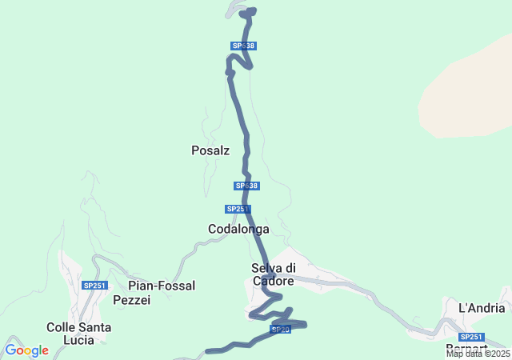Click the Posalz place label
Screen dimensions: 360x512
[x=210, y=150]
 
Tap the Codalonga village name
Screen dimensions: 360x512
[x=238, y=229]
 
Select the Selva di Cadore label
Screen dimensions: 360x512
[x=273, y=274]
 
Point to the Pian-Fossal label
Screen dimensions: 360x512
[x=162, y=286]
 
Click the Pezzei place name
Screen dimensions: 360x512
[x=132, y=300]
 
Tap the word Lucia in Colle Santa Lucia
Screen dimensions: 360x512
[x=78, y=339]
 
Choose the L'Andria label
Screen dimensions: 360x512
[x=482, y=308]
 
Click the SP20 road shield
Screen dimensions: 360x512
[x=280, y=330]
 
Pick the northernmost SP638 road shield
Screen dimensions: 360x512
[x=243, y=46]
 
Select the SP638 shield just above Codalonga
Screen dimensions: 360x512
[x=247, y=186]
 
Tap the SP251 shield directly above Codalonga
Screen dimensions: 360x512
[x=238, y=209]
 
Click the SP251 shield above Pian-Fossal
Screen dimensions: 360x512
[x=94, y=285]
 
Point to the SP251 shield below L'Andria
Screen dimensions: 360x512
[x=472, y=337]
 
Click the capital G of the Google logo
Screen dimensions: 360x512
[x=10, y=350]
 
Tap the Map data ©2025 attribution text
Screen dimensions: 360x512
[x=478, y=354]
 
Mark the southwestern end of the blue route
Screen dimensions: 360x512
[x=208, y=350]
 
